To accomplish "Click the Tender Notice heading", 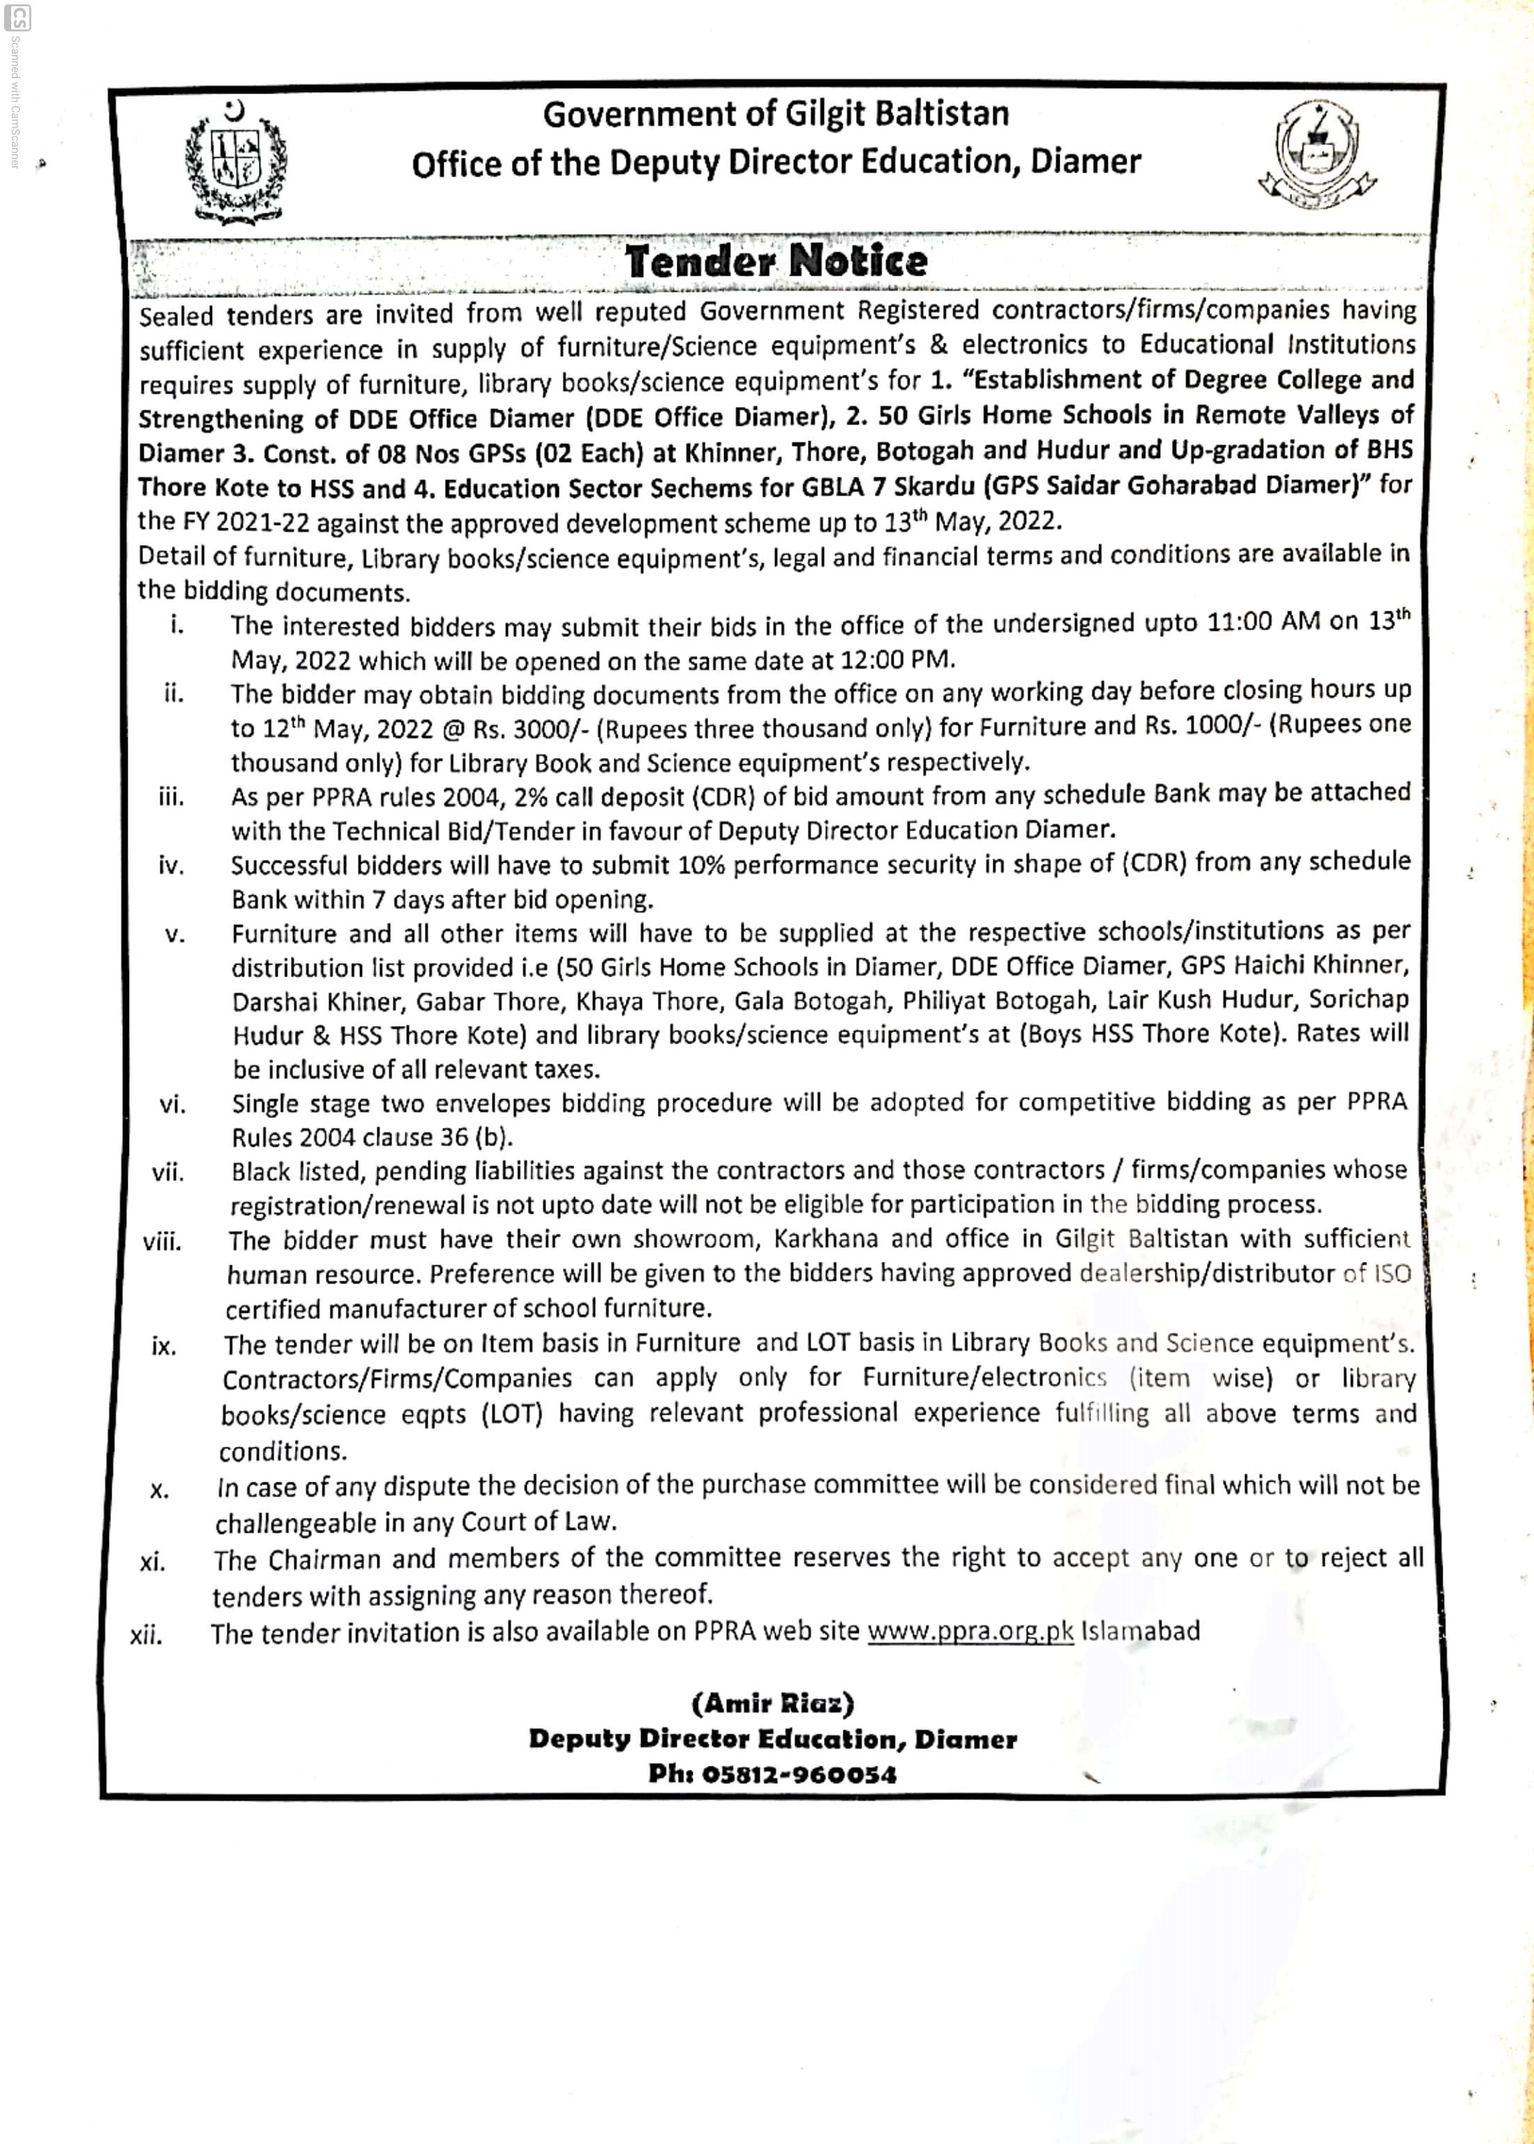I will tap(776, 261).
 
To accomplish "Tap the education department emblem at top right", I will tap(1318, 156).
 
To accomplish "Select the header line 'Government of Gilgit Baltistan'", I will tap(776, 114).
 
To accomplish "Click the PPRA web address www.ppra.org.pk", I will tap(970, 1632).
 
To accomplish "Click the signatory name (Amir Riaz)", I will tap(773, 1704).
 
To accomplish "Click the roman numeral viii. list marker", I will tap(163, 1242).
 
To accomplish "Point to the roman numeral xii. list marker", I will tap(146, 1635).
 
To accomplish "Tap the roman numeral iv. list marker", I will tap(171, 865).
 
